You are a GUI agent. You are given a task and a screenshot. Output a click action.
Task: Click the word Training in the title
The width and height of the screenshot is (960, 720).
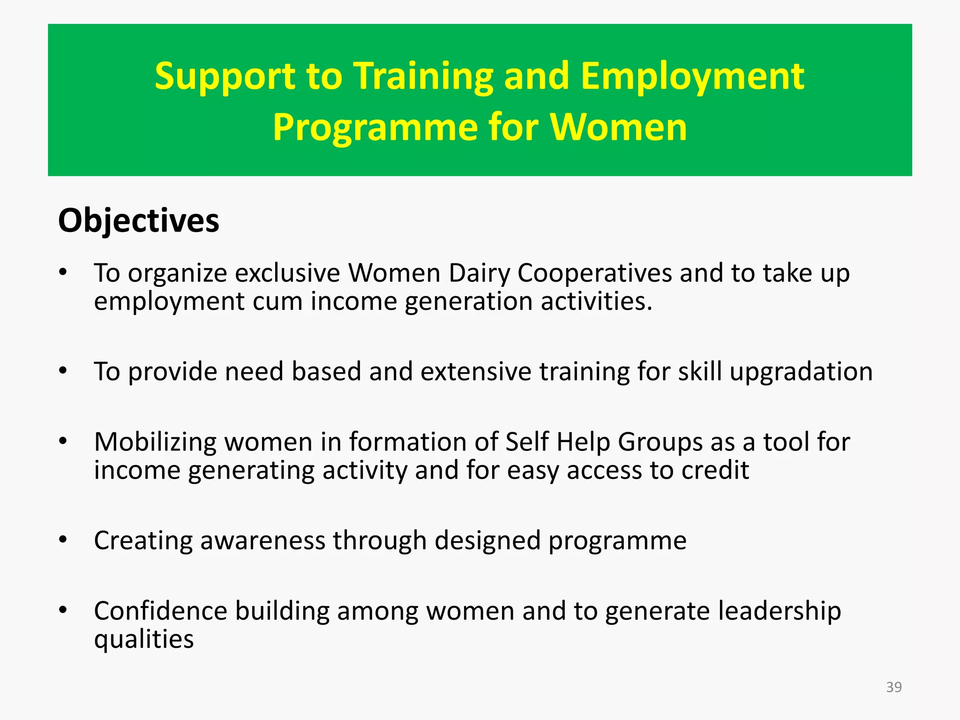[x=423, y=76]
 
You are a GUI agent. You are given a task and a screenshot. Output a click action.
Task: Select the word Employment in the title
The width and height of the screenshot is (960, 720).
[x=692, y=76]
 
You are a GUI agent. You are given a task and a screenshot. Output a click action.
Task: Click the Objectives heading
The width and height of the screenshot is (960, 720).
[x=138, y=220]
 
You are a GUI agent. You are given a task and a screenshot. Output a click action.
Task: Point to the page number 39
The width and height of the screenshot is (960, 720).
[x=893, y=687]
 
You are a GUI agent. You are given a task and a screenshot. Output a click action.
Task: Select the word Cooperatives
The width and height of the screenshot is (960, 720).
[x=594, y=273]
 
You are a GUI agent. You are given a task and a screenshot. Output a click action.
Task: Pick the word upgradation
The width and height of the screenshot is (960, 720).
[x=801, y=372]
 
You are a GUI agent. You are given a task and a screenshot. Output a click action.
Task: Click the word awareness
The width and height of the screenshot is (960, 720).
[x=262, y=540]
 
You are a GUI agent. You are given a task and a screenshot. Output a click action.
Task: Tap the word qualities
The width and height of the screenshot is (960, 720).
[x=143, y=639]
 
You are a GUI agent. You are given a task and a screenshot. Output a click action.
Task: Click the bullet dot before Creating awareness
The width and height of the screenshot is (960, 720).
[x=63, y=540]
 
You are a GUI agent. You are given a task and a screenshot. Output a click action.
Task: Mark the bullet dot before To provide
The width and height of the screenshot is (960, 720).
[x=63, y=371]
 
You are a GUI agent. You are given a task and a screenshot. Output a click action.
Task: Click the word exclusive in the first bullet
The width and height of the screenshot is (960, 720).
[x=287, y=273]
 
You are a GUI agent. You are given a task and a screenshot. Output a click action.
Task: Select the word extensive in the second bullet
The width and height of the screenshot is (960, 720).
[x=475, y=372]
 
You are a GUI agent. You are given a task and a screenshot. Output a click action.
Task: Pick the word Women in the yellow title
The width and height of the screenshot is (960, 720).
[x=618, y=127]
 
